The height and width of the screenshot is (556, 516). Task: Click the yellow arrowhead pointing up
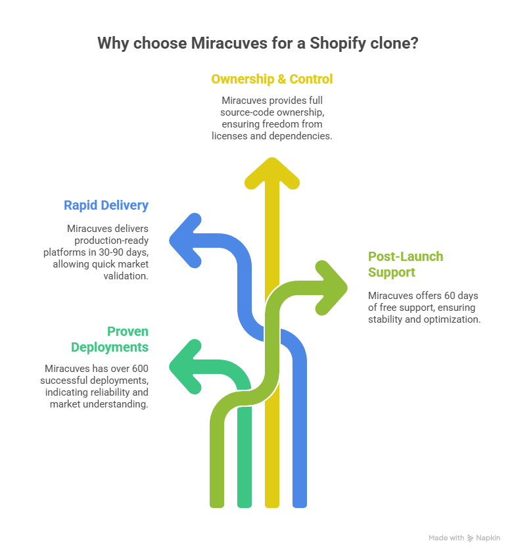coord(271,172)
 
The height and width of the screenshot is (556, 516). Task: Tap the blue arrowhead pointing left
coord(183,239)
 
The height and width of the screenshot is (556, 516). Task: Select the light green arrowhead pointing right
coord(334,288)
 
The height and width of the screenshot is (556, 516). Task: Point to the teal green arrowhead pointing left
coord(183,365)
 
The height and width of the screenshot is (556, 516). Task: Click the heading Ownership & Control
coord(271,80)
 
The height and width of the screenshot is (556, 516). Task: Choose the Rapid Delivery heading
coord(106,205)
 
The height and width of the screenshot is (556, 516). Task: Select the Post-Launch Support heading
coord(405,264)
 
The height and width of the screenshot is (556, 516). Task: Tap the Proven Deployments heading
coord(110,339)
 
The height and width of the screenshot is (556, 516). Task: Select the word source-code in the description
coord(244,112)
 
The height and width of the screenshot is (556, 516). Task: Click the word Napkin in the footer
coord(488,538)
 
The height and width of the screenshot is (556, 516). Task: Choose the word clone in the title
coord(393,44)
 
